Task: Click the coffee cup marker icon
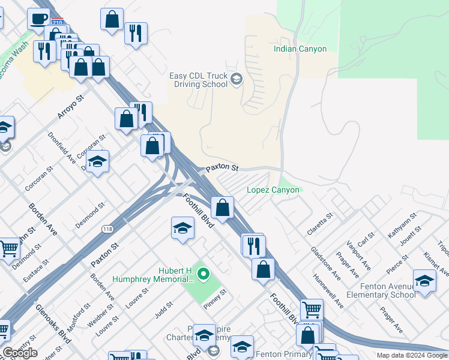[39, 19]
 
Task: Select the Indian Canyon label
[300, 49]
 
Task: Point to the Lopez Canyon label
[273, 190]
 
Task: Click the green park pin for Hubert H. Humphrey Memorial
[203, 275]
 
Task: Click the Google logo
[19, 353]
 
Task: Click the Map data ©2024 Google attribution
[412, 355]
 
